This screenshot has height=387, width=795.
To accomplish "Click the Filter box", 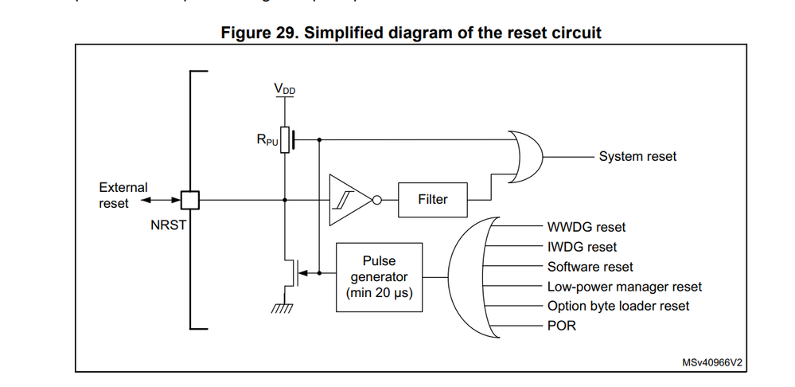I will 432,199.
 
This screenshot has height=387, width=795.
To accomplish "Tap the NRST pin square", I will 189,199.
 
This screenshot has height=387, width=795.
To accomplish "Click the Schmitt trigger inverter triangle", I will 349,199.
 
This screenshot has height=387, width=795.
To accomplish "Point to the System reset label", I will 637,156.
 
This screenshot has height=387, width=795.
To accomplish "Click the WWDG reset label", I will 587,227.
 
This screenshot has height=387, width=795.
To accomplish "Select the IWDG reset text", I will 582,247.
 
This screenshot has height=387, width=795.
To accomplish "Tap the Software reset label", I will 590,267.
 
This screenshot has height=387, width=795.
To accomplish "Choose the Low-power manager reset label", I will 625,287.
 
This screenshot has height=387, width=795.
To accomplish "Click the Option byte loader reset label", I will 618,306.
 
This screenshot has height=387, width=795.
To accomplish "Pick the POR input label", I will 561,326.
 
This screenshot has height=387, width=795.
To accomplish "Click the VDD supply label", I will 285,89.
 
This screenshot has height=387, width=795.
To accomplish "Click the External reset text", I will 123,195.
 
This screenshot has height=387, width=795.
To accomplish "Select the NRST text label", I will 168,225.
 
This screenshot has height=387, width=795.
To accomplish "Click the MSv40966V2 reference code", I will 712,362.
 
